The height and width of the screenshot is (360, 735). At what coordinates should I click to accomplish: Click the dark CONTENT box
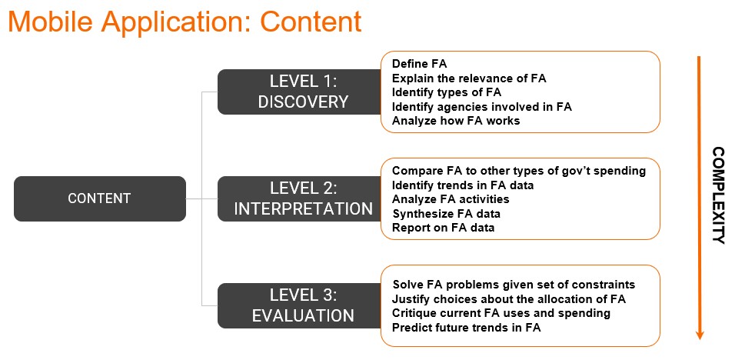pyautogui.click(x=100, y=198)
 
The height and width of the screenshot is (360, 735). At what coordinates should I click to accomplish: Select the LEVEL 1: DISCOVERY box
pyautogui.click(x=300, y=92)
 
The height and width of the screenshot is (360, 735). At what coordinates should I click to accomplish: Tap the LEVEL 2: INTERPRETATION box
pyautogui.click(x=300, y=198)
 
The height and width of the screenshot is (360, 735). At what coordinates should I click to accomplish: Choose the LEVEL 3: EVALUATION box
pyautogui.click(x=300, y=305)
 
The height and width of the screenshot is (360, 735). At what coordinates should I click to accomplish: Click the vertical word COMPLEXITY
pyautogui.click(x=718, y=195)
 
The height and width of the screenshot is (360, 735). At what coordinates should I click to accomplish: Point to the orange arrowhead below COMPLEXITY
pyautogui.click(x=700, y=335)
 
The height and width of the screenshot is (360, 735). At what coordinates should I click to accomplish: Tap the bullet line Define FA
pyautogui.click(x=420, y=64)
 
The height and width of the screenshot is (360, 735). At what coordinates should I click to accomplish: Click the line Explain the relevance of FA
pyautogui.click(x=469, y=78)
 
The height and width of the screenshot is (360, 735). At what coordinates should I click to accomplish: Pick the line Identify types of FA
pyautogui.click(x=447, y=92)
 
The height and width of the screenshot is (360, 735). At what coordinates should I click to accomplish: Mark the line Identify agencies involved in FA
pyautogui.click(x=482, y=106)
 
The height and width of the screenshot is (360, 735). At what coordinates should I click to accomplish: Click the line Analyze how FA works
pyautogui.click(x=456, y=121)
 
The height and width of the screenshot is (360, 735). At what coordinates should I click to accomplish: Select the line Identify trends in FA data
pyautogui.click(x=463, y=185)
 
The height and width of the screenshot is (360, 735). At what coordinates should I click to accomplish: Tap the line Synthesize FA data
pyautogui.click(x=446, y=214)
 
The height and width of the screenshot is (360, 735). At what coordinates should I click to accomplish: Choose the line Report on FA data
pyautogui.click(x=444, y=228)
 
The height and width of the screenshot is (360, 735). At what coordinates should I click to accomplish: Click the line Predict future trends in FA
pyautogui.click(x=467, y=327)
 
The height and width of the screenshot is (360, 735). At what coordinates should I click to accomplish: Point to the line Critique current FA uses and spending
pyautogui.click(x=501, y=312)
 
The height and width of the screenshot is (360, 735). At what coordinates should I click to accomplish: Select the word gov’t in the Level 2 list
pyautogui.click(x=582, y=171)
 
